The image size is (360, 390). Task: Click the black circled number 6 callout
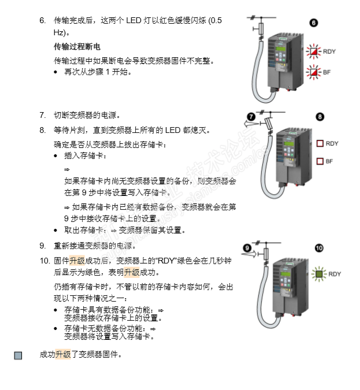pos(313,23)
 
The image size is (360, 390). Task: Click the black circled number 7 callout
pos(251,117)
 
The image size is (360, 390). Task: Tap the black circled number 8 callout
pos(320,117)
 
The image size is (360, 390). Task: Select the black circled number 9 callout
pos(247,248)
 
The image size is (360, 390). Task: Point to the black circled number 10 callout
pos(319,248)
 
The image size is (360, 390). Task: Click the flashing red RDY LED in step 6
pos(313,51)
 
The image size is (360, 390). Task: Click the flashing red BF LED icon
pos(313,72)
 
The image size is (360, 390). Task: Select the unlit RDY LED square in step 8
pos(320,143)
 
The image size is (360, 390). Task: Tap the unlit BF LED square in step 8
pos(320,161)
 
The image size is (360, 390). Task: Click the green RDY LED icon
pos(319,274)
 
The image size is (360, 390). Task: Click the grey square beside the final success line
pos(18,355)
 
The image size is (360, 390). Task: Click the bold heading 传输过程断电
pos(77,47)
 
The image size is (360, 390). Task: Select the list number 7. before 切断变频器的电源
pos(43,115)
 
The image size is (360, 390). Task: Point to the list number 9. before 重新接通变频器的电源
pos(43,246)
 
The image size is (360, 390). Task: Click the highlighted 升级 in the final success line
pos(63,354)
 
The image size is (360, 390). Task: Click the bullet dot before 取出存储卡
pos(55,231)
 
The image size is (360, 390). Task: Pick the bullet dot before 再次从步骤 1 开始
pos(55,72)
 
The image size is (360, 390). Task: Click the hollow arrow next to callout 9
pos(249,254)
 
